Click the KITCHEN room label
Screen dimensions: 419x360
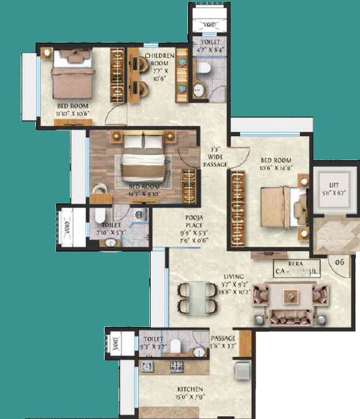pyautogui.click(x=190, y=390)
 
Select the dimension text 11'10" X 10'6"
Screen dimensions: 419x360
pyautogui.click(x=73, y=112)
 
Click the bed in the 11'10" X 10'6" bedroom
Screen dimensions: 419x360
pyautogui.click(x=72, y=75)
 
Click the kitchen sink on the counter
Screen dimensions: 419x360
pyautogui.click(x=149, y=366)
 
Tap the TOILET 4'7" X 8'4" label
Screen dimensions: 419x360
pyautogui.click(x=207, y=45)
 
